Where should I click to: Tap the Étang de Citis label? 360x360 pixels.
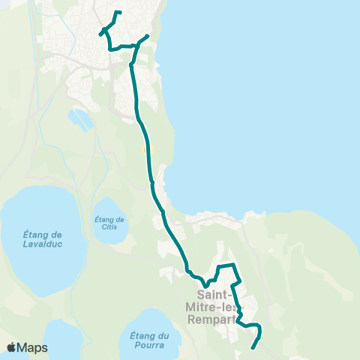(x=109, y=223)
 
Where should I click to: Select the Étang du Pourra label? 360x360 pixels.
(x=147, y=339)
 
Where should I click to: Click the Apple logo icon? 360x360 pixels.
(x=12, y=347)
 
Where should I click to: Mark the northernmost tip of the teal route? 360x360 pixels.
(x=117, y=12)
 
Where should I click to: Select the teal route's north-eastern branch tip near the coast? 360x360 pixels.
(x=148, y=35)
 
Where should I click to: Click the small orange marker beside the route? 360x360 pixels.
(x=142, y=149)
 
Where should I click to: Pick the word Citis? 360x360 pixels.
(x=109, y=228)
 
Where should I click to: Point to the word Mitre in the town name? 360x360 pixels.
(x=202, y=305)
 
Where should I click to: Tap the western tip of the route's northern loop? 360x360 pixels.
(x=100, y=32)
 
